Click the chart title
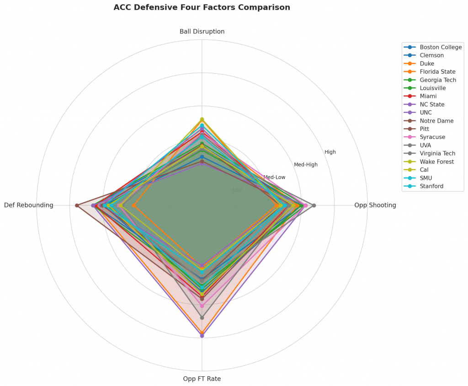(202, 7)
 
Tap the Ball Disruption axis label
(202, 32)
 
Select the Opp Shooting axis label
(375, 205)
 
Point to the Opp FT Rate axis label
(202, 379)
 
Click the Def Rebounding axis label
(29, 205)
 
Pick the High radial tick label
(330, 152)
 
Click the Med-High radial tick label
(305, 165)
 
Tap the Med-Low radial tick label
(274, 177)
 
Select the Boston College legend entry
(441, 47)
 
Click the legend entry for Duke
(427, 64)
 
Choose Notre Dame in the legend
(436, 121)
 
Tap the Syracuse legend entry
(432, 137)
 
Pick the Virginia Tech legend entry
(437, 154)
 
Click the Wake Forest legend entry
(436, 162)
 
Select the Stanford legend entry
(431, 186)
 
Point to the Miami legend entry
(428, 96)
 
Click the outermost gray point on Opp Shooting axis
(314, 205)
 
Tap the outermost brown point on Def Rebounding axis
(77, 205)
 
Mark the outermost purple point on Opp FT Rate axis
(202, 336)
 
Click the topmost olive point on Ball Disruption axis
(202, 119)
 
